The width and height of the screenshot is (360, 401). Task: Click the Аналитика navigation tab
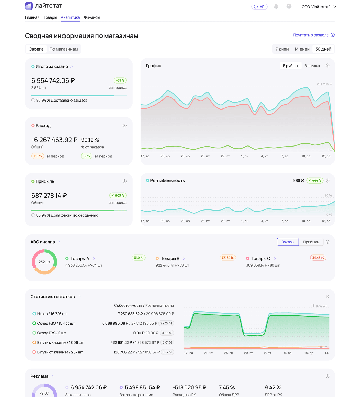tap(70, 17)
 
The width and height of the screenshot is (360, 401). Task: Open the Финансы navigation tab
tap(92, 17)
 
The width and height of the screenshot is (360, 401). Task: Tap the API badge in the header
tap(259, 7)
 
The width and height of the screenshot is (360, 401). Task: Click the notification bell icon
tap(276, 6)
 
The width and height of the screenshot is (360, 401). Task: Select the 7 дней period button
tap(282, 49)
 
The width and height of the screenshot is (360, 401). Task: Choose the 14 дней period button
tap(302, 49)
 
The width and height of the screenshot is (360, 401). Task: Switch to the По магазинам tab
tap(64, 49)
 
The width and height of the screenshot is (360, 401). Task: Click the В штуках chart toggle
tap(312, 66)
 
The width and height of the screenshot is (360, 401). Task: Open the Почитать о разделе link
tap(311, 35)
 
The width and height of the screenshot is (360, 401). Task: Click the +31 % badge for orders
tap(120, 80)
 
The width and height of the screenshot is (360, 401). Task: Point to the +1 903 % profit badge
tap(118, 195)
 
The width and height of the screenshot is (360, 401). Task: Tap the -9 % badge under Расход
tap(87, 156)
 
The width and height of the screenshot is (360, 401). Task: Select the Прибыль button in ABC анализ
tap(311, 242)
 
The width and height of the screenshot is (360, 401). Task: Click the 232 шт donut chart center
tap(44, 262)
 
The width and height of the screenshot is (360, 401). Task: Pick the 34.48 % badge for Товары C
tap(318, 258)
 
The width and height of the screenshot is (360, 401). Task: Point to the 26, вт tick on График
tap(205, 156)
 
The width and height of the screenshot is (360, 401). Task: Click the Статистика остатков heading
tap(52, 297)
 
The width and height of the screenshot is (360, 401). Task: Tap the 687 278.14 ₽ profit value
tap(49, 196)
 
